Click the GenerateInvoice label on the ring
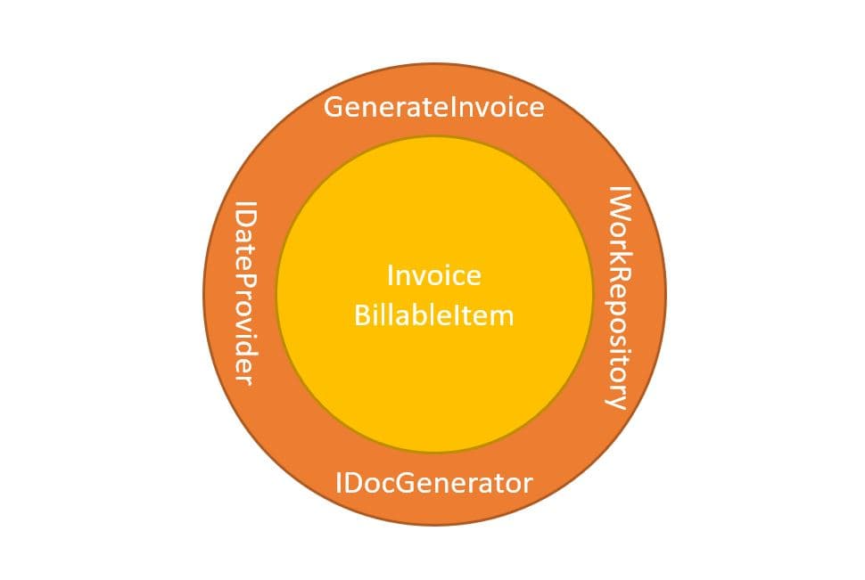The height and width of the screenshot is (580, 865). [433, 108]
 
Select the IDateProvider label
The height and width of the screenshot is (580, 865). [243, 293]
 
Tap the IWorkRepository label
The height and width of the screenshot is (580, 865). [617, 297]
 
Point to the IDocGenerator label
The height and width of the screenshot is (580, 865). [433, 484]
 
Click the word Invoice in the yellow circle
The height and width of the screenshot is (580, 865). [433, 275]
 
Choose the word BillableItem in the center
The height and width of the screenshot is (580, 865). [433, 315]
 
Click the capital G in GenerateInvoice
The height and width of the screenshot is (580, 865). [334, 108]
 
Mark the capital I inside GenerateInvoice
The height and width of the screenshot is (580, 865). [458, 108]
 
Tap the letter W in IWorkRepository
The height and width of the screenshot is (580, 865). [618, 208]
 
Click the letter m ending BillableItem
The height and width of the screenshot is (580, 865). [504, 316]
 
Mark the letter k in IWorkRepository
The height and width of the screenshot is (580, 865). [618, 256]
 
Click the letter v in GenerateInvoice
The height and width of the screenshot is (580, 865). [485, 109]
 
